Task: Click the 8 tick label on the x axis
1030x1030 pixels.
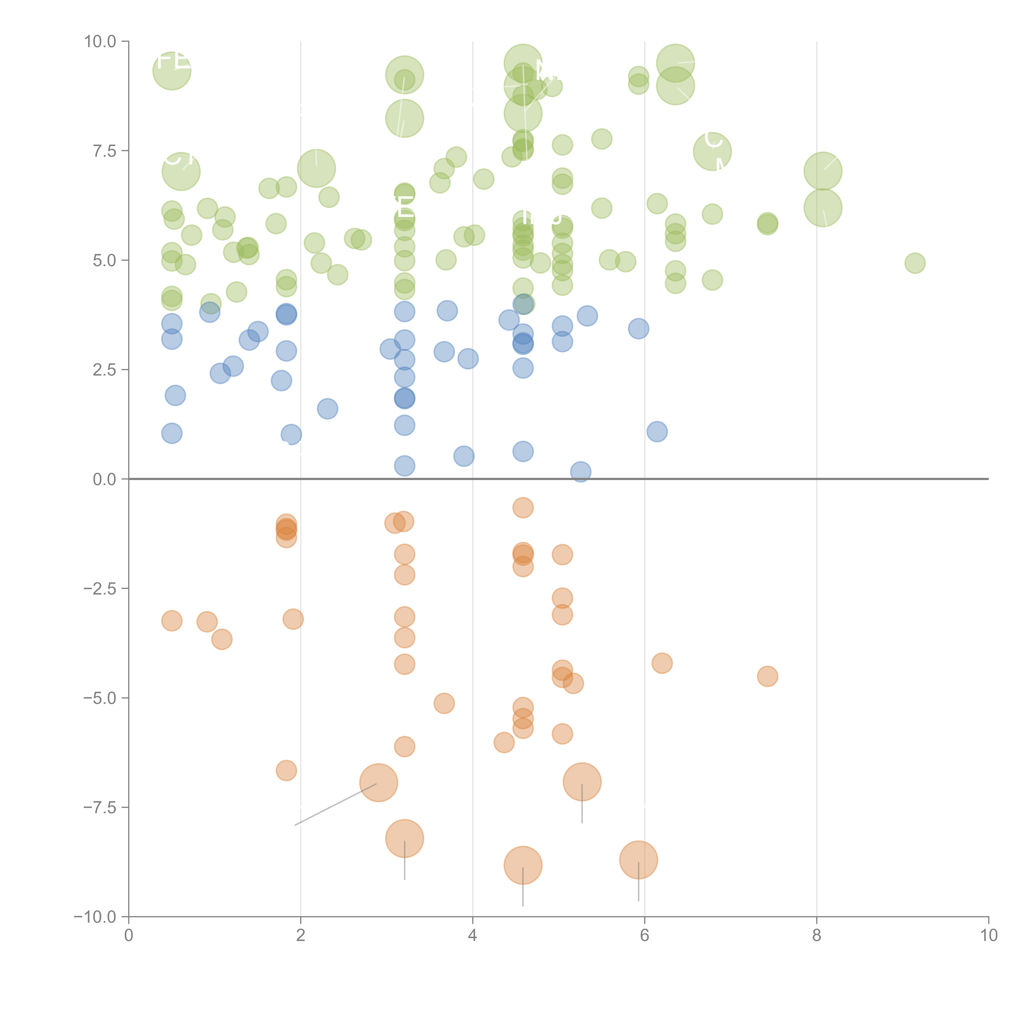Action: coord(817,936)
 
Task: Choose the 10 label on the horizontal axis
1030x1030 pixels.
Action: coord(988,936)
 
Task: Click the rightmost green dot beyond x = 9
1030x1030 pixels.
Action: coord(915,263)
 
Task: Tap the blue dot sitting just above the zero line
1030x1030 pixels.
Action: coord(581,472)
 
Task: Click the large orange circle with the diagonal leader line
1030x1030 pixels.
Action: coord(378,783)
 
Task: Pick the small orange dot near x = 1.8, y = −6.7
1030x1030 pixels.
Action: coord(286,770)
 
